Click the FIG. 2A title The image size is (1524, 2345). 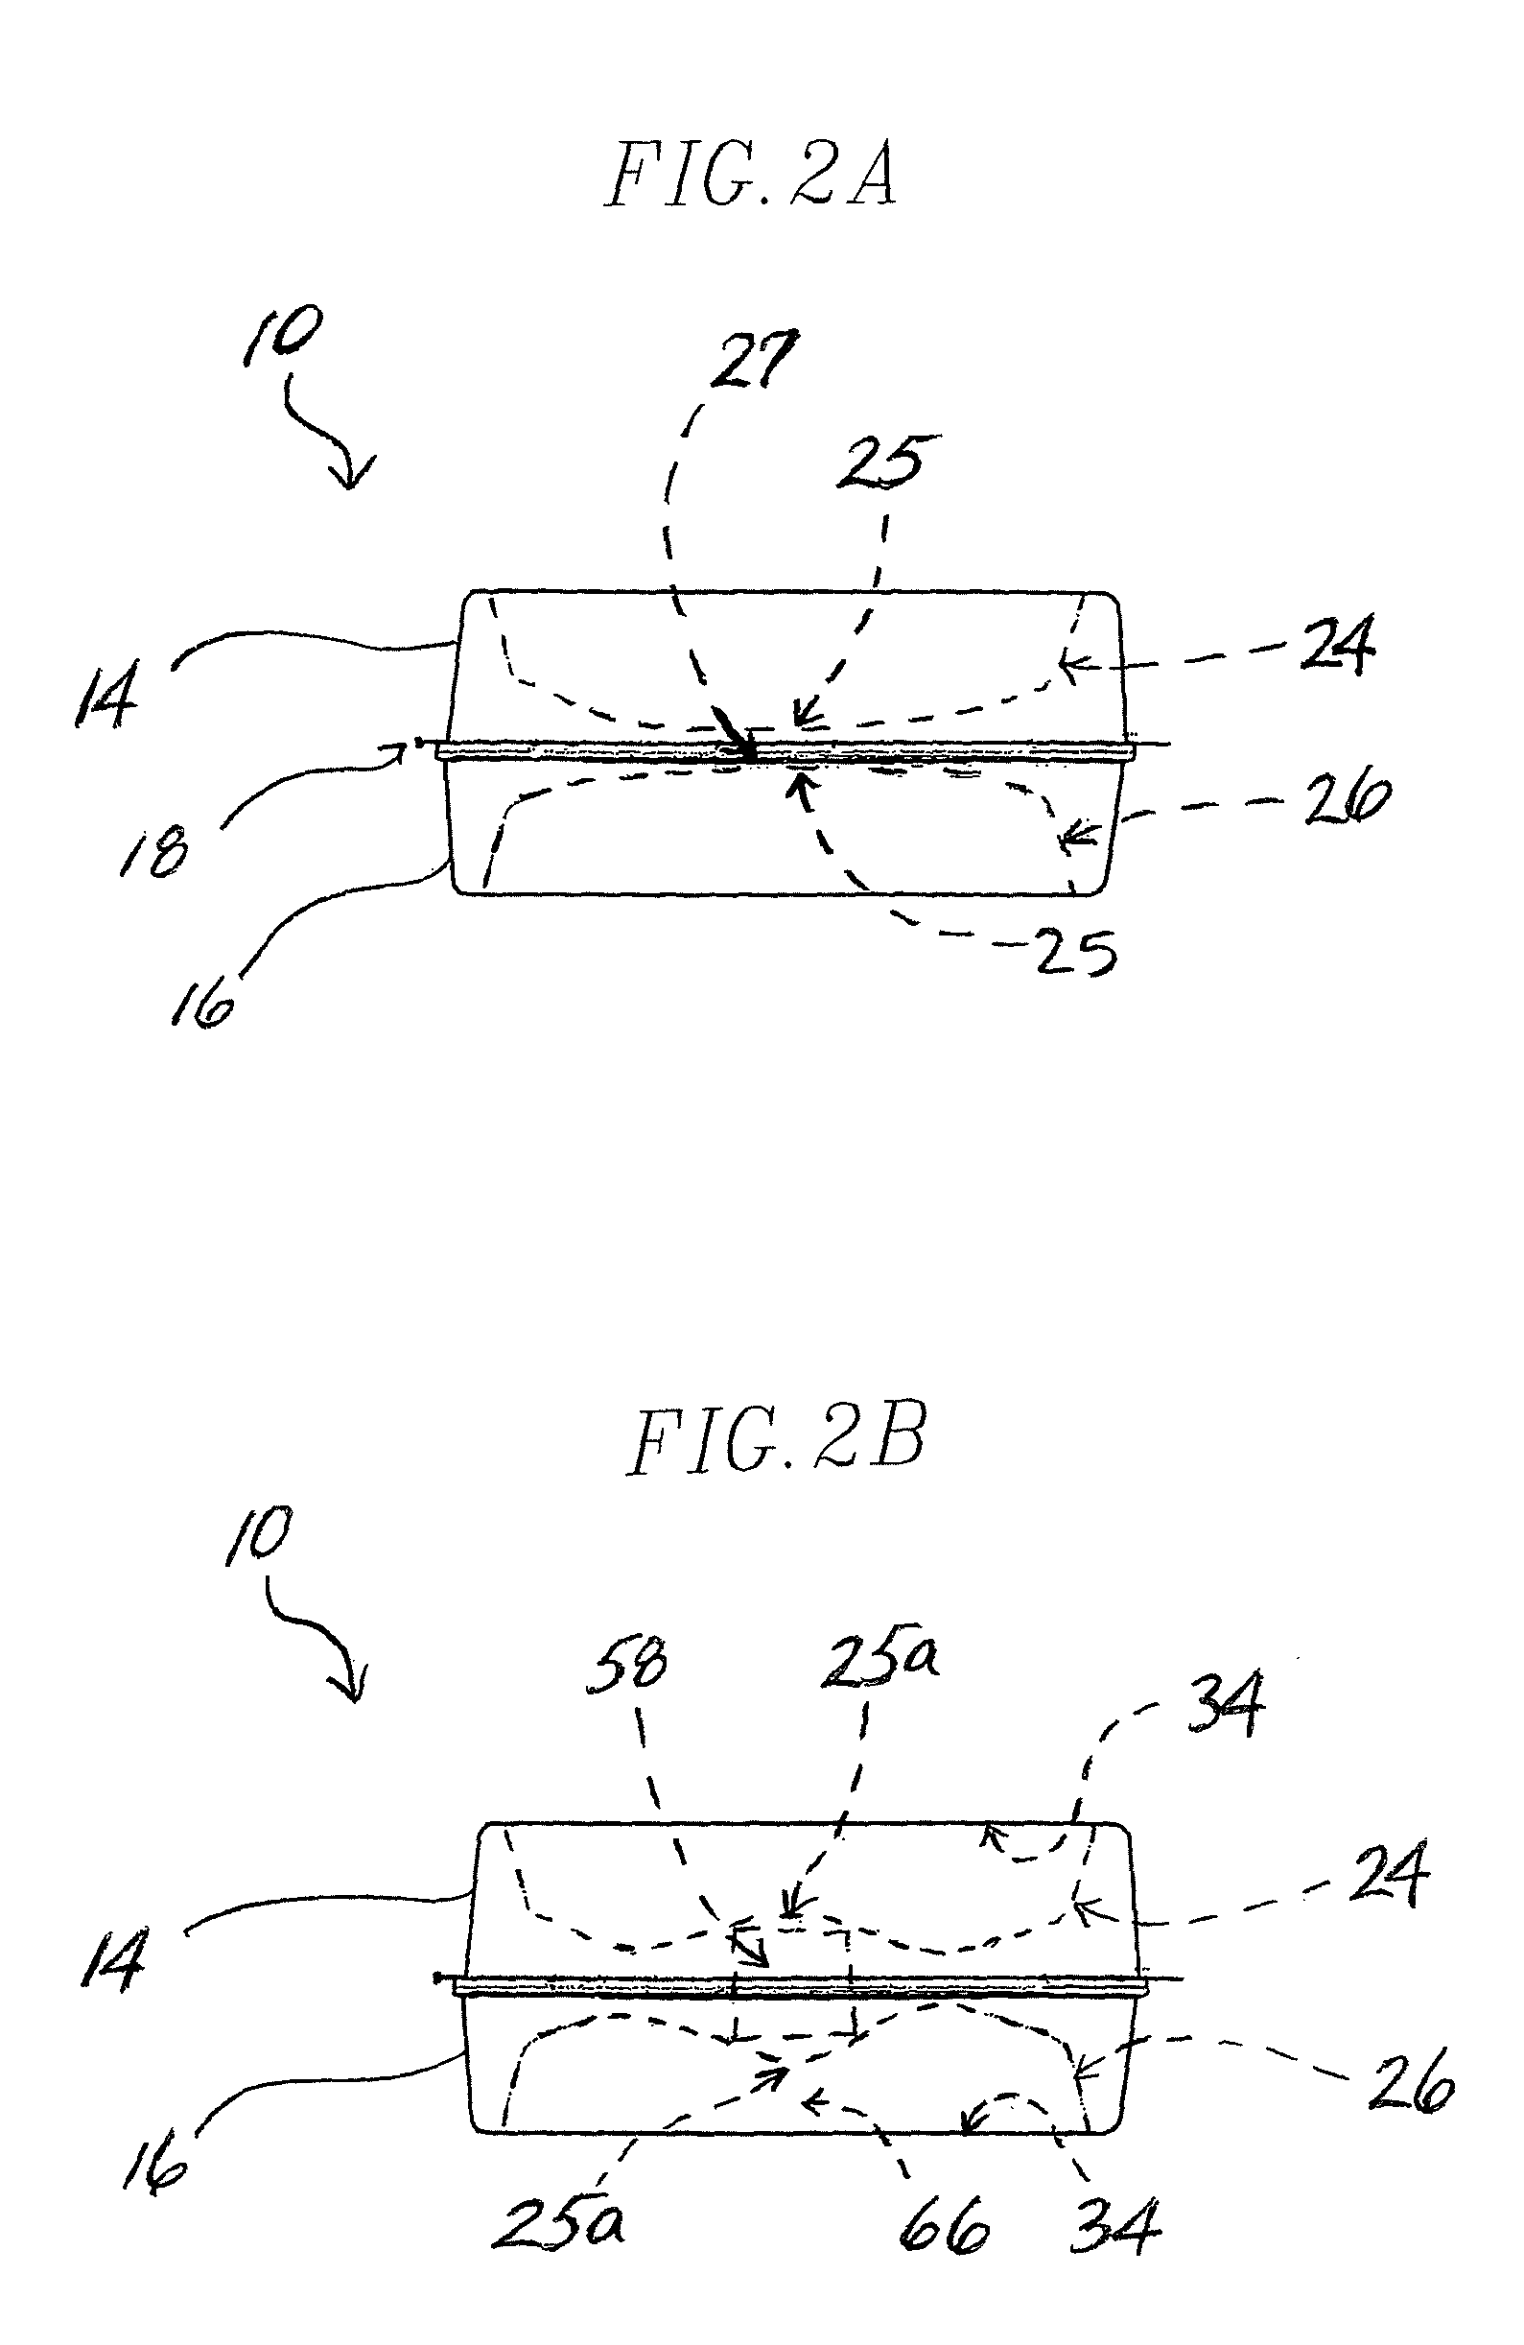pos(750,176)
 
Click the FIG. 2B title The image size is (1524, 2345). pos(775,1440)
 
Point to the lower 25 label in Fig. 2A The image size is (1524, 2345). pos(1076,953)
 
